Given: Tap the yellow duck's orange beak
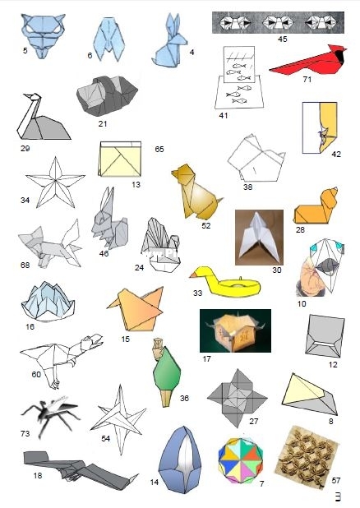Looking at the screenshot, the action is coord(193,275).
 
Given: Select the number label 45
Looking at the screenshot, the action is coord(282,39).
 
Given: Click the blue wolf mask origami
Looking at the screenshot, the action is coord(43,35).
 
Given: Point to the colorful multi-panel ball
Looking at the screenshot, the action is coord(241,460).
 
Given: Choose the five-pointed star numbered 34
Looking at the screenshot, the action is coord(55,182).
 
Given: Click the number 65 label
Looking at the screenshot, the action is coord(159,149).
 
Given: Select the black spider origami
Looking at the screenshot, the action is coord(50,413).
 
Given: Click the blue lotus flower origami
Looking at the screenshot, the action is coord(48,302).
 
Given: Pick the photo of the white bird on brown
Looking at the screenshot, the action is coord(259,238).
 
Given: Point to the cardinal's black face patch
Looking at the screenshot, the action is coord(339,56).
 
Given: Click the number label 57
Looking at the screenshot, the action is coord(336,480).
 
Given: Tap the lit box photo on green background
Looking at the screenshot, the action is coord(235,330).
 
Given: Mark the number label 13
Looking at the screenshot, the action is coord(136,185).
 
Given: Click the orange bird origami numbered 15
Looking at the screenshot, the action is coord(136,309).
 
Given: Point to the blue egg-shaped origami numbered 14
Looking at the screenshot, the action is coord(180,460).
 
